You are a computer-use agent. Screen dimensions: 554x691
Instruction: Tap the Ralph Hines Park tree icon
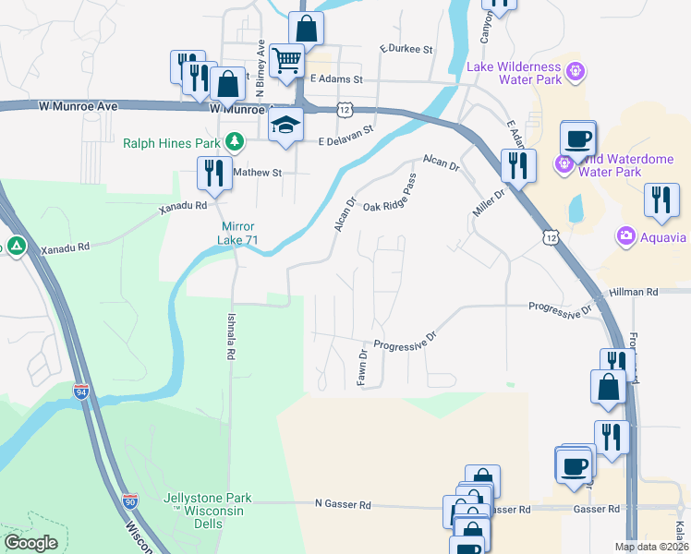point(236,142)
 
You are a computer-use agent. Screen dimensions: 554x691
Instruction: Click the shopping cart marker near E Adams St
point(288,61)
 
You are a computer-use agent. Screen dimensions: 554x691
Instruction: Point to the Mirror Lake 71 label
point(238,234)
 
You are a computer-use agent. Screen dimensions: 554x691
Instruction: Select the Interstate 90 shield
point(130,502)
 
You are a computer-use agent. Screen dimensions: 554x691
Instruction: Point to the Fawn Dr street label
point(363,367)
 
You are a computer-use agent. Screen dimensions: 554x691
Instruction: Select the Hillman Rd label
point(638,292)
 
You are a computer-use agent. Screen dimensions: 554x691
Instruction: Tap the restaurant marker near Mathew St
point(212,172)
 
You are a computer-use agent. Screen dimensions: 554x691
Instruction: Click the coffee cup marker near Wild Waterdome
point(578,138)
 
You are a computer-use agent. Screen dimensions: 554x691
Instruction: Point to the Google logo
point(30,543)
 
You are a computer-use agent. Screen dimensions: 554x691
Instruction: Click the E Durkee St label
point(406,49)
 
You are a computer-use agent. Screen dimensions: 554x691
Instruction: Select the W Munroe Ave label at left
point(79,106)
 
